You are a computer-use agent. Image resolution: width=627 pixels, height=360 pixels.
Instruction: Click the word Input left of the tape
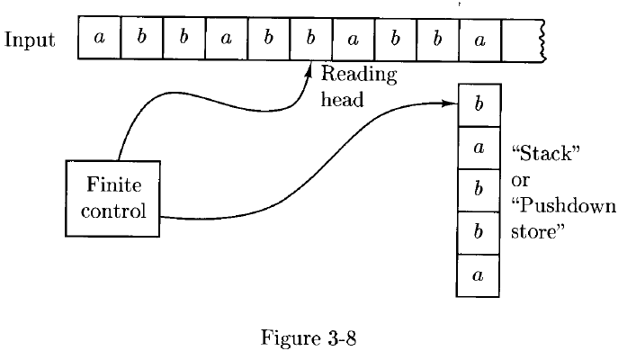point(30,40)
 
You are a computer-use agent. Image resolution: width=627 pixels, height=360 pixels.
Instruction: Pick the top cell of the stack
point(478,104)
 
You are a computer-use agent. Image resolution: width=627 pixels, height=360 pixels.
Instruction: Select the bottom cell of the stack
point(478,276)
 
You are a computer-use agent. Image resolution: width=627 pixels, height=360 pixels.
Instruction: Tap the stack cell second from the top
point(478,148)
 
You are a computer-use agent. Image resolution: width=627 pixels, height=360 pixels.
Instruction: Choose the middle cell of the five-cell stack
point(478,191)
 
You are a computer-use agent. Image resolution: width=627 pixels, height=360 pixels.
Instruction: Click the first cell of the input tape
point(99,40)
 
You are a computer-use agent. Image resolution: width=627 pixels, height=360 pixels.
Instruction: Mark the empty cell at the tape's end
point(521,40)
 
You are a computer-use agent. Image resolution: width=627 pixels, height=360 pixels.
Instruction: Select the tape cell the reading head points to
point(309,40)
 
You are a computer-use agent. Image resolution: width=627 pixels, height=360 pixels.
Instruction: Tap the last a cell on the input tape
point(479,40)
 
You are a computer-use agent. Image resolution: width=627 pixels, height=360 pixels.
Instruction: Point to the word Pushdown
point(563,207)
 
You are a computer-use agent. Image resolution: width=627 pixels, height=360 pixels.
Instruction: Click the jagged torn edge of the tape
point(542,40)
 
